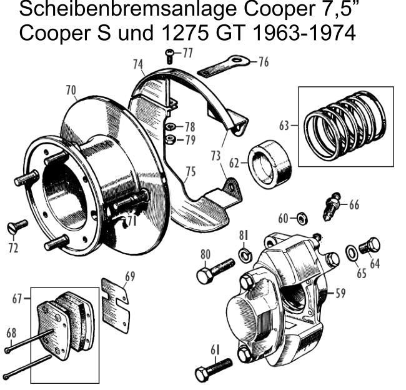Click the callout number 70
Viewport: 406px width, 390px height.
(71, 91)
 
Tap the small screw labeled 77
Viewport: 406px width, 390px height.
(169, 57)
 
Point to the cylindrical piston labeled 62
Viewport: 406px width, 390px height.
(271, 164)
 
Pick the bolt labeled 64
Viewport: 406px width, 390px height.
(370, 246)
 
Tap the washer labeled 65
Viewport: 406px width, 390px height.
(352, 252)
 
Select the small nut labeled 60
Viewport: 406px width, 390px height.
(301, 218)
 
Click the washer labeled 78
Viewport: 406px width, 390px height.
(171, 126)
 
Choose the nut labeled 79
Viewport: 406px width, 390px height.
(170, 139)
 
